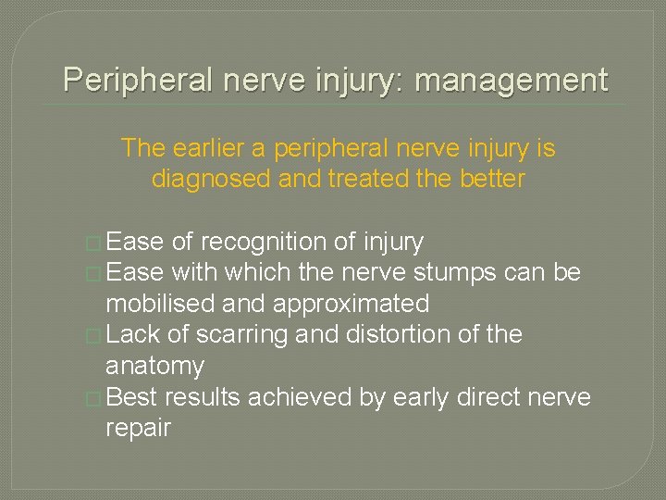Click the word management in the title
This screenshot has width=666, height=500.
[x=512, y=81]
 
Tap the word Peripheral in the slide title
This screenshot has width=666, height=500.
[x=134, y=81]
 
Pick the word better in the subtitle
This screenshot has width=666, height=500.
[x=491, y=178]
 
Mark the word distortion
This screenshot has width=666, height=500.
[x=402, y=335]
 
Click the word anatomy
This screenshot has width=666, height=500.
[x=154, y=367]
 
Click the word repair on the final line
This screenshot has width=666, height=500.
[x=139, y=430]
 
